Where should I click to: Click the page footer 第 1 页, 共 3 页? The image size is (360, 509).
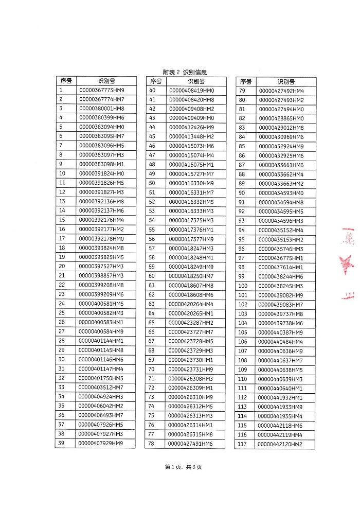pos(183,467)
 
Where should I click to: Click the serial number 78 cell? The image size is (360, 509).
pos(152,443)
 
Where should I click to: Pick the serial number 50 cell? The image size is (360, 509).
pos(152,183)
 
